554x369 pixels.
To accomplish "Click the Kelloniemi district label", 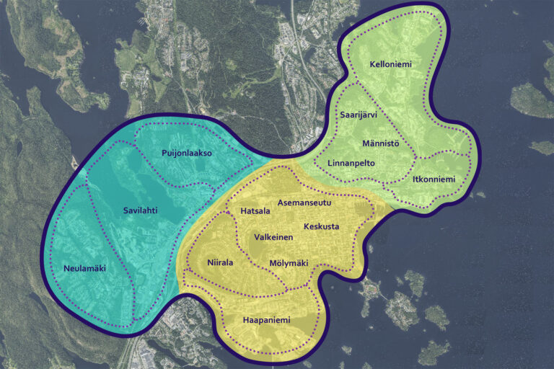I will (x=390, y=65).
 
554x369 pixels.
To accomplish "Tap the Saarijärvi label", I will (x=359, y=115).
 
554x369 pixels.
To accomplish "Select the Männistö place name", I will (x=381, y=143).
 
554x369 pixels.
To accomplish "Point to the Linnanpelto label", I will (x=351, y=164).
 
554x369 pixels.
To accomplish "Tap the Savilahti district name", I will (x=140, y=210).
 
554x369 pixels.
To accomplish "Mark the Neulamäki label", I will (x=84, y=268).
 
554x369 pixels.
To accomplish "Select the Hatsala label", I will (x=255, y=211).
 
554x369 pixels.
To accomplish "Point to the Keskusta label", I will (x=321, y=226).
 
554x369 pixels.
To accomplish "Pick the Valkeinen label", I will (x=273, y=237).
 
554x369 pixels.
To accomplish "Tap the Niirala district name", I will (x=220, y=262).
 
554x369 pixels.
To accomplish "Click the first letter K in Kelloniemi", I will (x=372, y=65).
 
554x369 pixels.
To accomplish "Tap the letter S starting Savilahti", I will (x=124, y=210).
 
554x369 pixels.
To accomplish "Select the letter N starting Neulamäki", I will (x=64, y=268).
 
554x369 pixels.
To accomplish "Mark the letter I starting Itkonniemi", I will (x=415, y=179).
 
